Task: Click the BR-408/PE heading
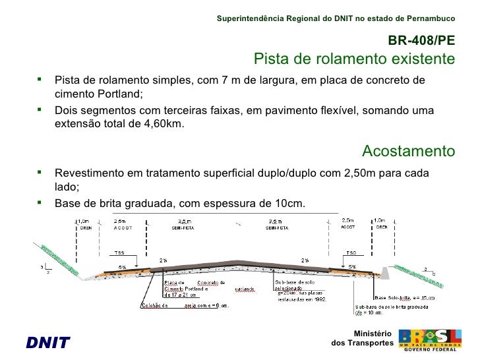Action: click(x=421, y=40)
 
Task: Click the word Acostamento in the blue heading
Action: click(x=408, y=152)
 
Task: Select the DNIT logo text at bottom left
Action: click(x=47, y=342)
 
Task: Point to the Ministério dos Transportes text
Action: click(x=362, y=339)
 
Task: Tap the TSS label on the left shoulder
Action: click(x=119, y=253)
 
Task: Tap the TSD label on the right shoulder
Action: click(x=353, y=253)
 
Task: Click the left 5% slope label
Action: click(x=122, y=267)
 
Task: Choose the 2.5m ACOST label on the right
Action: click(x=347, y=223)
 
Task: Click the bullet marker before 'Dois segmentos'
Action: click(x=40, y=109)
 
